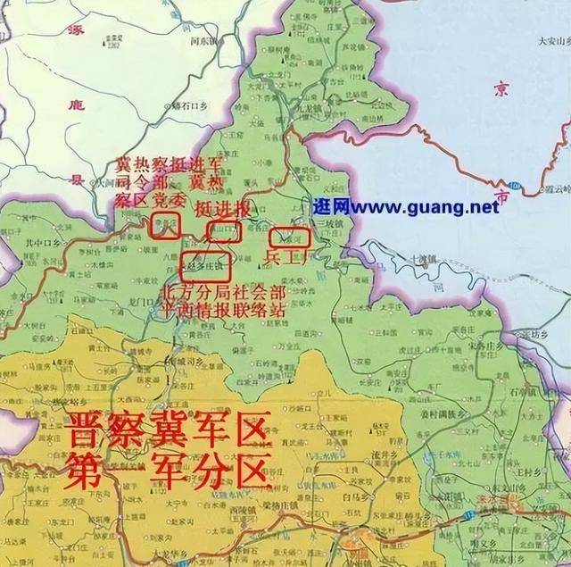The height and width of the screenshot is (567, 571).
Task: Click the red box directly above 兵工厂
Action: tap(289, 238)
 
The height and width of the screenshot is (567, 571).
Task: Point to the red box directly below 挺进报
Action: tap(223, 231)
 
